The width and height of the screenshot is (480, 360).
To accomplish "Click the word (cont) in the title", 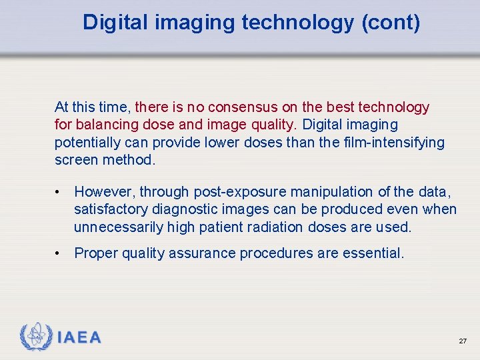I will (391, 23).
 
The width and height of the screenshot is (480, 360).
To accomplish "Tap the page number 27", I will (463, 341).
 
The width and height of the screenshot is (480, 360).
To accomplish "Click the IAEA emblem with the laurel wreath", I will (35, 337).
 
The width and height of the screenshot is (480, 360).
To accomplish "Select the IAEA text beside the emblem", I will (79, 338).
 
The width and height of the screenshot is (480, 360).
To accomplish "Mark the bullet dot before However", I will (59, 193).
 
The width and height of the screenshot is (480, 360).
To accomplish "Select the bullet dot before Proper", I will (59, 253).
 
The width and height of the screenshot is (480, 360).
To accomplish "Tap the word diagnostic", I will (178, 209).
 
